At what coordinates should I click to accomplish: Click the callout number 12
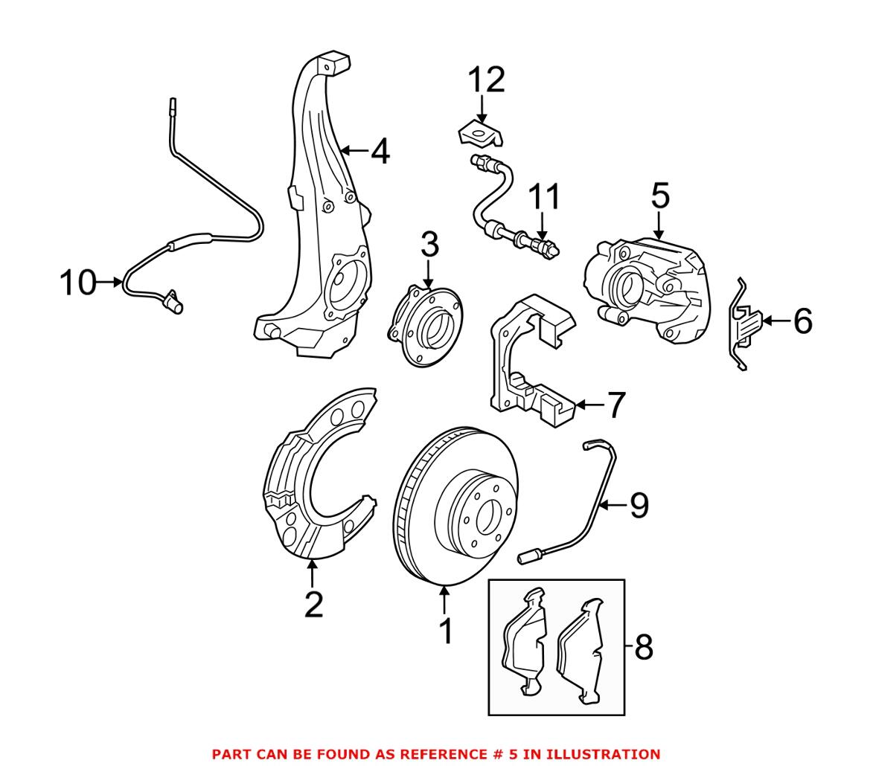pos(486,80)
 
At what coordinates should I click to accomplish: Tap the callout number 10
pos(77,283)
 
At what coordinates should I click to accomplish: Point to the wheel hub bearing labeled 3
pos(426,327)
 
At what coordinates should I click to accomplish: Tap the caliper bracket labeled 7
pos(521,364)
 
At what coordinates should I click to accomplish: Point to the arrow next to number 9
pos(613,506)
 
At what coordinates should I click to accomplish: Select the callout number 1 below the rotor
pos(445,632)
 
